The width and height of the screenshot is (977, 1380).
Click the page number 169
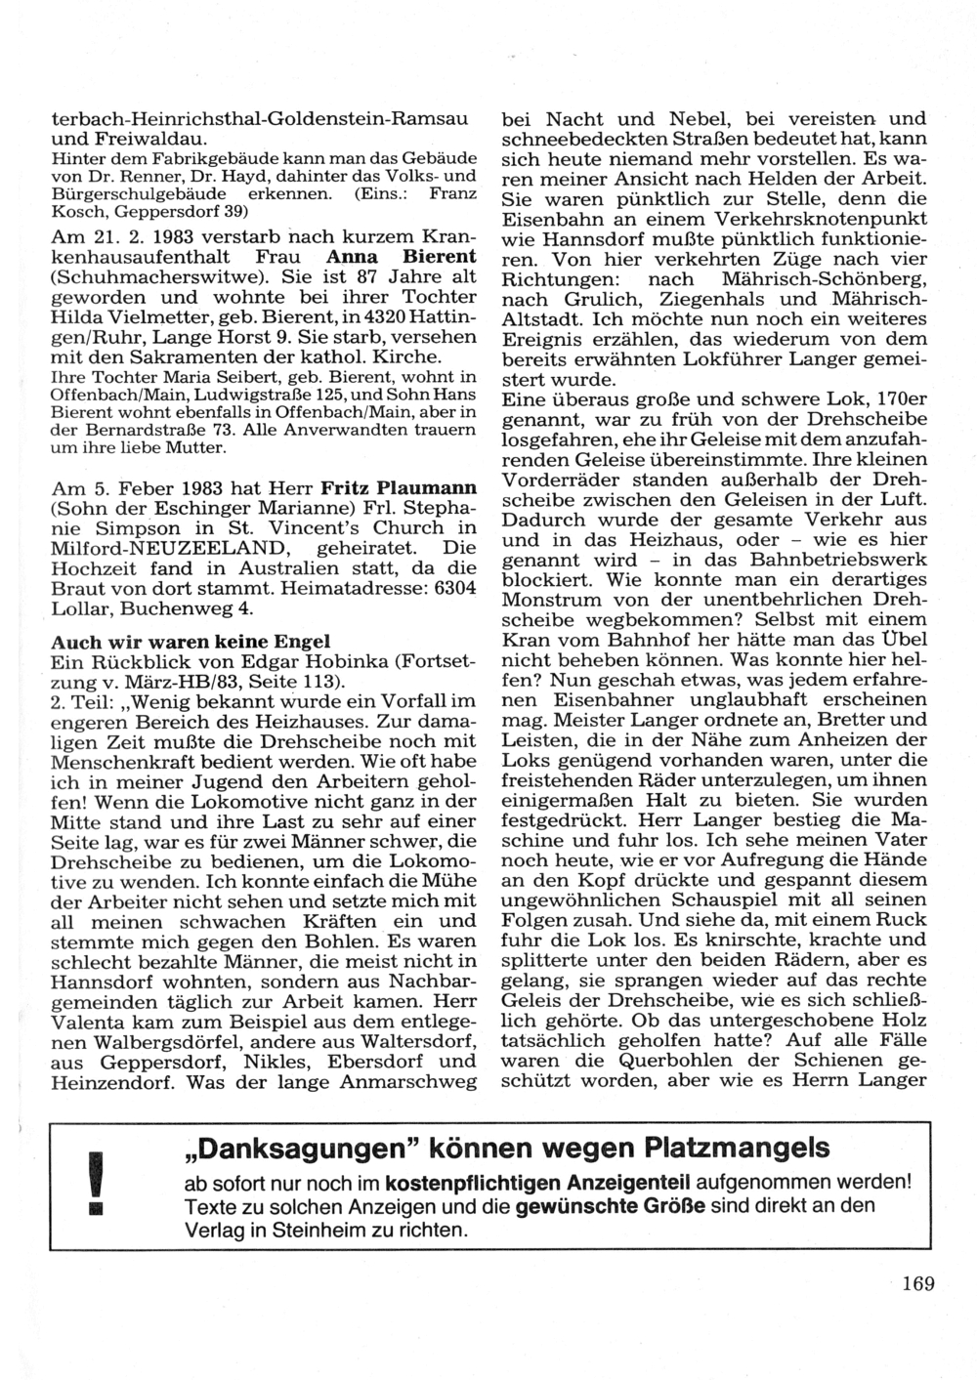tap(917, 1283)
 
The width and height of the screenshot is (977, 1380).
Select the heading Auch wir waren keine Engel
tap(191, 642)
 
